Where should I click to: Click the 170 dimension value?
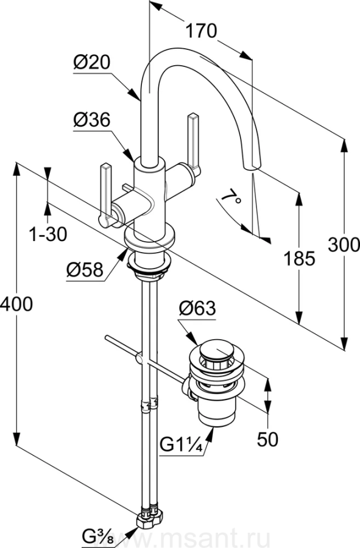click(x=201, y=31)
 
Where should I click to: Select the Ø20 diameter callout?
click(x=91, y=63)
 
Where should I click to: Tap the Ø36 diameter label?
click(x=91, y=120)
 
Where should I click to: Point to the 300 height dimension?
click(x=344, y=245)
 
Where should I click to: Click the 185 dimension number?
click(x=299, y=259)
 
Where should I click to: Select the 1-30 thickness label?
click(x=48, y=234)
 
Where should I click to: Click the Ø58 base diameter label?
click(x=85, y=270)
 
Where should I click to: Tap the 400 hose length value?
click(x=16, y=304)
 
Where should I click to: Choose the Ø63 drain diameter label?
click(x=197, y=308)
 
